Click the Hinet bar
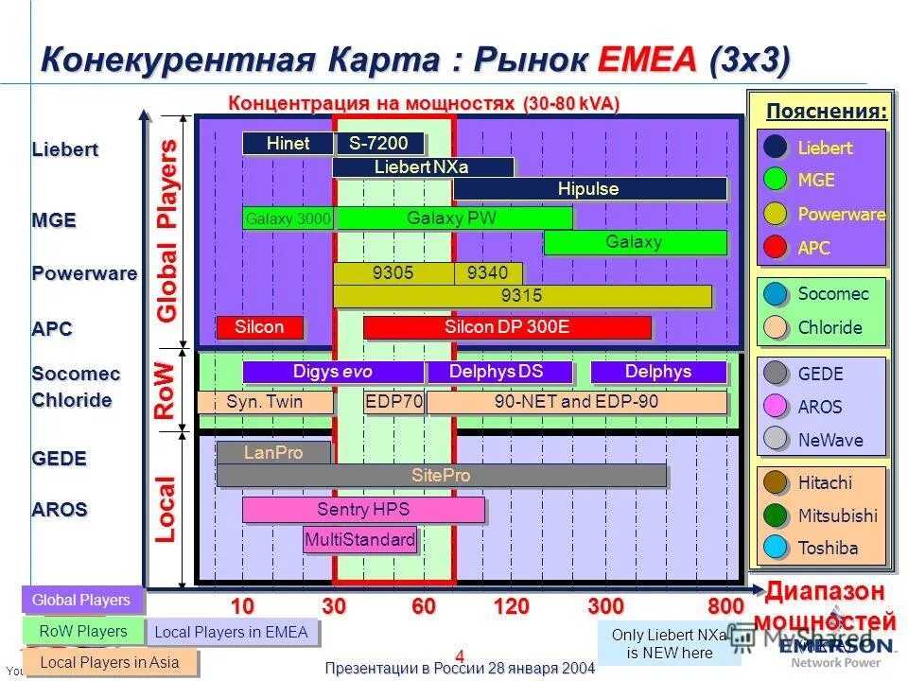tap(288, 144)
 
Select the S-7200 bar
tap(378, 144)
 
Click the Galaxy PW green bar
tap(452, 218)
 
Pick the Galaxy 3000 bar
tap(288, 219)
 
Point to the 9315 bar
tap(521, 296)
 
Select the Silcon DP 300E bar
tap(507, 327)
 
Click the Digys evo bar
tap(332, 372)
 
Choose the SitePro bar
tap(441, 475)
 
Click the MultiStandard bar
tap(359, 540)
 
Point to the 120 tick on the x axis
tap(511, 606)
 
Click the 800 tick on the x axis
tap(725, 606)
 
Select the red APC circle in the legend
tap(776, 248)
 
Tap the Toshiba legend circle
tap(776, 547)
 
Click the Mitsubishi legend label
tap(837, 515)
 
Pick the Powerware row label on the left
tap(84, 274)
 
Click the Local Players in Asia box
tap(110, 662)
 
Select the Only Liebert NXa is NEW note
tap(669, 644)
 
